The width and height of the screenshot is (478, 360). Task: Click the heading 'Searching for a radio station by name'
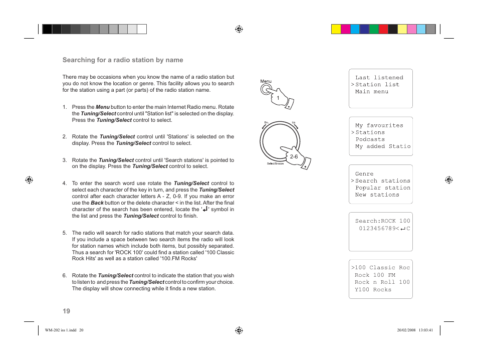123,60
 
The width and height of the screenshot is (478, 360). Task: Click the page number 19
66,311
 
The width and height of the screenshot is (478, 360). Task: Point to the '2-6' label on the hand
294,156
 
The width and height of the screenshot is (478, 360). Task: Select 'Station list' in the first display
377,85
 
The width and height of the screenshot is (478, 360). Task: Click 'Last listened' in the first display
379,78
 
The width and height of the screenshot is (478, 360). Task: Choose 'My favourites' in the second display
379,126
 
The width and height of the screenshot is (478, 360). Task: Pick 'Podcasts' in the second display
370,140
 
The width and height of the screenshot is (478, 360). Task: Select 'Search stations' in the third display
382,181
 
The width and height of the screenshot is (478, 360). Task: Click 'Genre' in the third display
364,174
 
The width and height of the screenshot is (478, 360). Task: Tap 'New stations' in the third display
377,195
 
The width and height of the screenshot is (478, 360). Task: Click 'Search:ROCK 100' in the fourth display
382,221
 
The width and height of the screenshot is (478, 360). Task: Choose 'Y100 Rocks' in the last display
373,290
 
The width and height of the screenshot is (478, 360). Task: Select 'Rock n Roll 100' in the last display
382,282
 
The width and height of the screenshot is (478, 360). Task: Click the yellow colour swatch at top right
336,29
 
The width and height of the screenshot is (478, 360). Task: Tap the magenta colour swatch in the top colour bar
345,29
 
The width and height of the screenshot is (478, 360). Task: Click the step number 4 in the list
65,184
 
